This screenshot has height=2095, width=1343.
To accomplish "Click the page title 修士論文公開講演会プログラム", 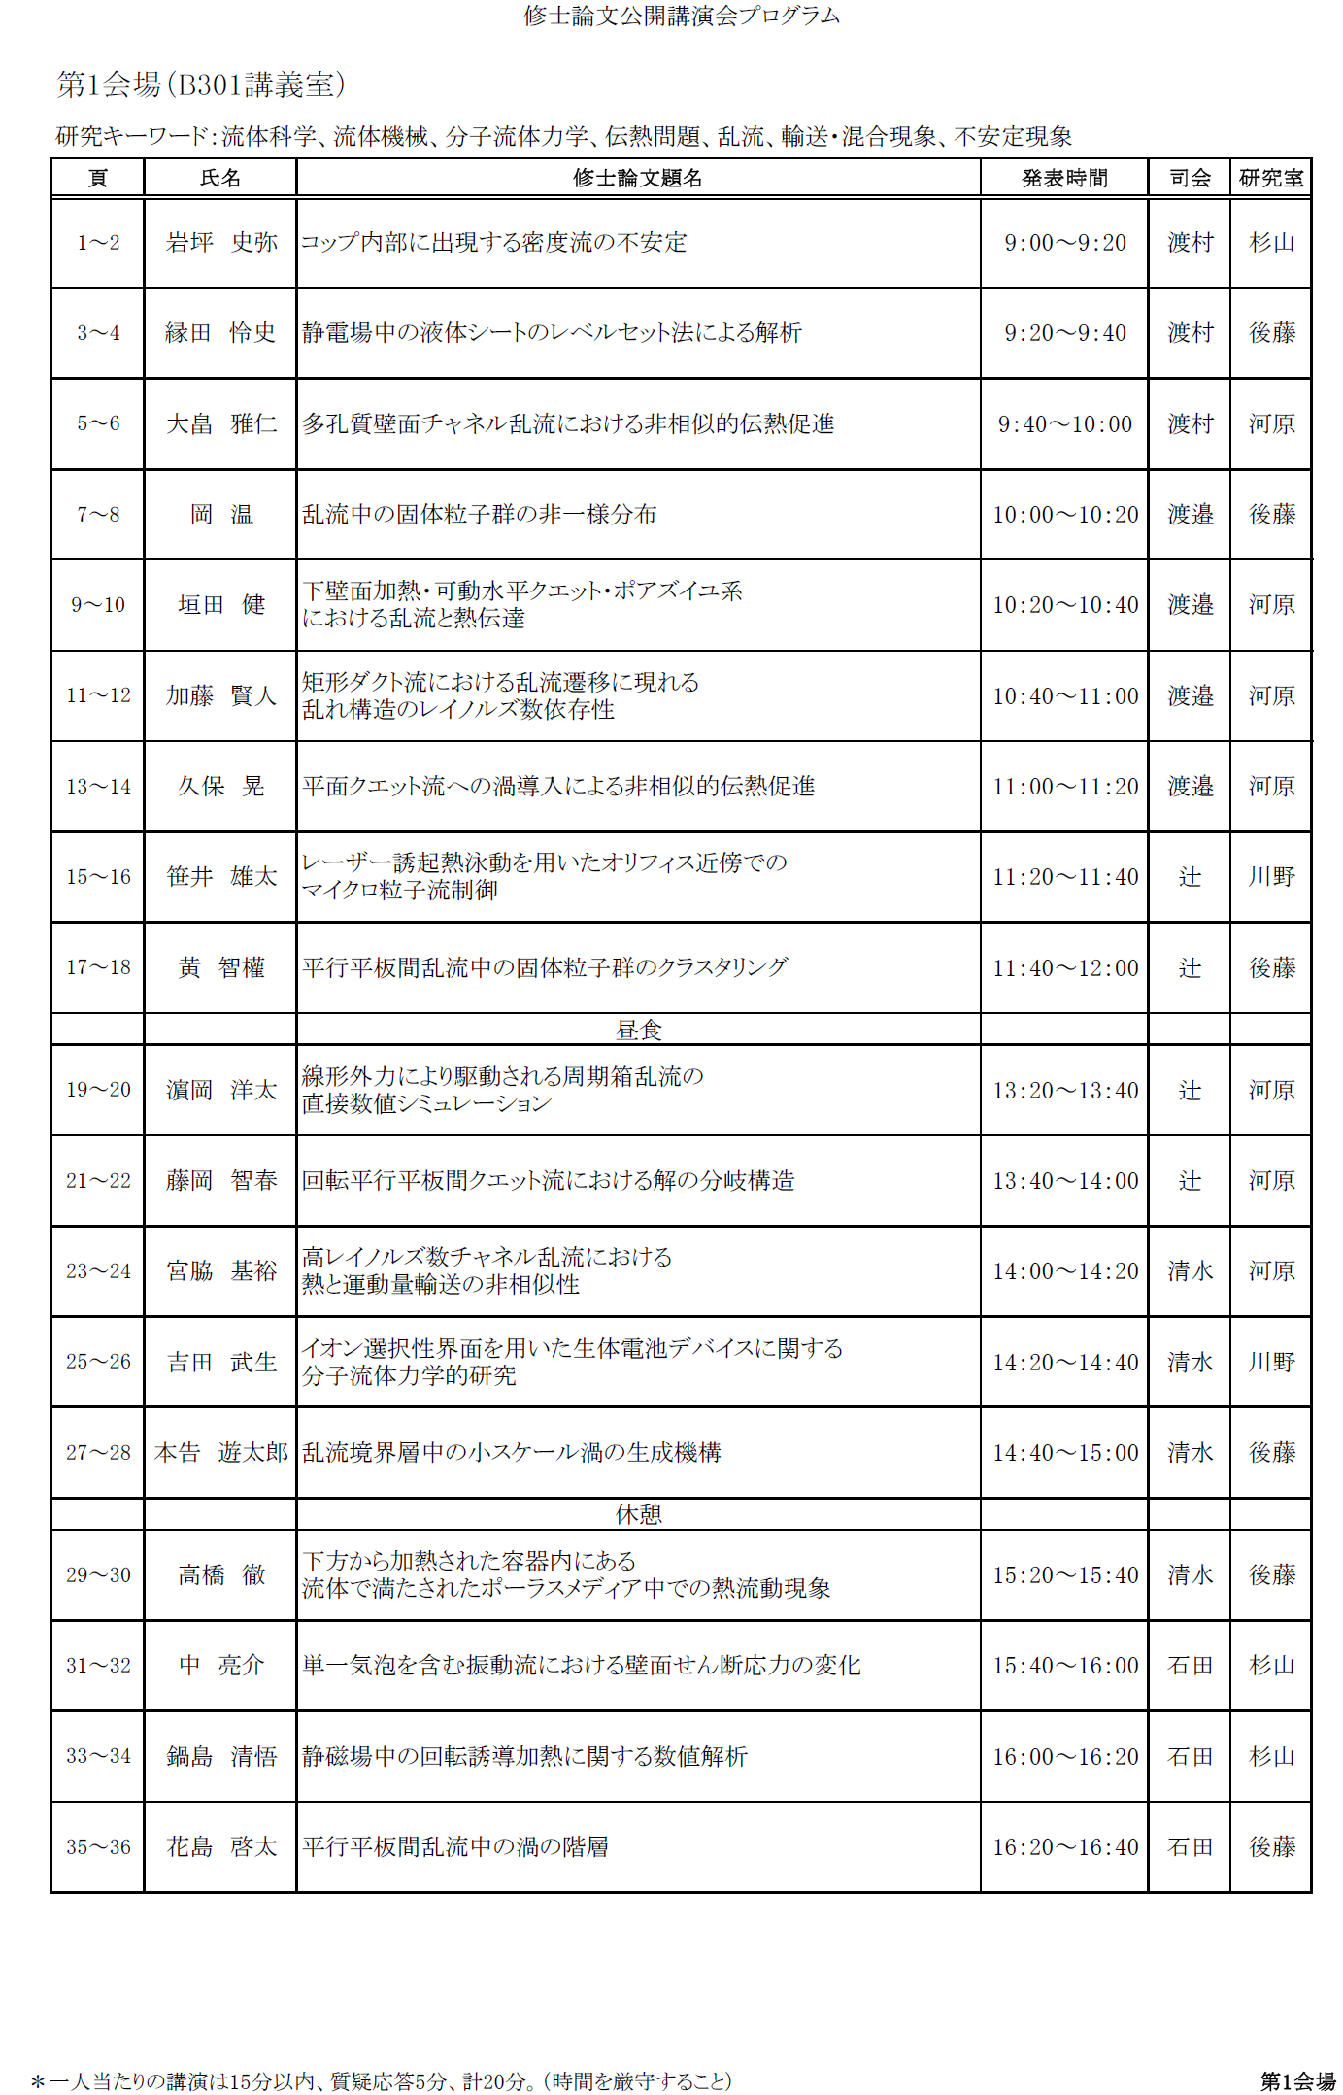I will (682, 16).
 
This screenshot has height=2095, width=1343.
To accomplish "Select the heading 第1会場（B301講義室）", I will (201, 85).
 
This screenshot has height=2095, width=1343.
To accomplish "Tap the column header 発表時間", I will (1064, 179).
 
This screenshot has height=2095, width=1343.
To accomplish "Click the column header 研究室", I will (1271, 179).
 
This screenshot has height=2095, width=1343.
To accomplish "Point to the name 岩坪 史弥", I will (221, 243).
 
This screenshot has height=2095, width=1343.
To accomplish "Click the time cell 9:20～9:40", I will (1065, 333).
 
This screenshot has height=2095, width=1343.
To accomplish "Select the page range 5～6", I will (98, 423).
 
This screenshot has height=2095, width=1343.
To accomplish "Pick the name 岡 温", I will (221, 515).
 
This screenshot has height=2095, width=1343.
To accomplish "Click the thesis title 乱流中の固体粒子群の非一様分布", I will (479, 515).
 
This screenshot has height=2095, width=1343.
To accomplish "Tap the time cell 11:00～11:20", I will (1065, 787).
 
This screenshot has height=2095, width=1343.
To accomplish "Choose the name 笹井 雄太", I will (221, 877).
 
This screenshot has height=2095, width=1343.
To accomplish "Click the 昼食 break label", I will (639, 1030).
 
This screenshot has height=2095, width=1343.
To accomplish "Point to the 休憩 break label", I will (639, 1514).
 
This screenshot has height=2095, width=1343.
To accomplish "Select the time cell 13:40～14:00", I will (1065, 1181).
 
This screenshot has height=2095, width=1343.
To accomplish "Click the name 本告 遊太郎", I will (221, 1453).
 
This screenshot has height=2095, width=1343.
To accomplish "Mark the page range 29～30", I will (98, 1575).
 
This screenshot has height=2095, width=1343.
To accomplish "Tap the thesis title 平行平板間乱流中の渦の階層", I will (455, 1847).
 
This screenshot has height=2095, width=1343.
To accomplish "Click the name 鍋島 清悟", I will (221, 1757).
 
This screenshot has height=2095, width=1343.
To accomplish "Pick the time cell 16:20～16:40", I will (1065, 1847).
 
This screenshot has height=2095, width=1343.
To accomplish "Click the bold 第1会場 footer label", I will (1297, 2081).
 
